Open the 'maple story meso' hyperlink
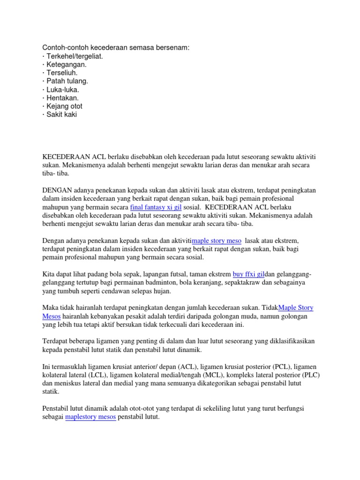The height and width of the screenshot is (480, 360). (217, 240)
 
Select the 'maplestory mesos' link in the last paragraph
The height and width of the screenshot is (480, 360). (90, 416)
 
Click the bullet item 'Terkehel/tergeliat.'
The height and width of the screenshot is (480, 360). (74, 56)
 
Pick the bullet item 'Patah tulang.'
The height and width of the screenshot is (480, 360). (67, 81)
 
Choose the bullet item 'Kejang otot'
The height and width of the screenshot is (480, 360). (64, 106)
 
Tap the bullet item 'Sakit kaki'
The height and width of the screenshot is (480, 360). (61, 115)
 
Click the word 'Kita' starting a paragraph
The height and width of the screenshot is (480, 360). (49, 274)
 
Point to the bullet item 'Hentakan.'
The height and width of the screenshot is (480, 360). (65, 98)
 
